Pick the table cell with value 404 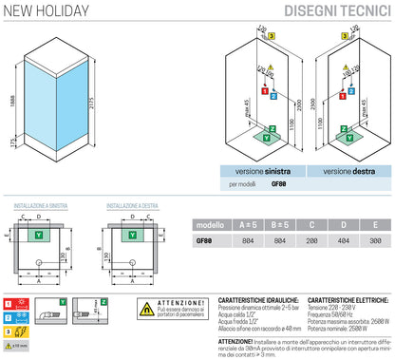(341, 241)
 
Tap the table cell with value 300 (374, 241)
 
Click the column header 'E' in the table (374, 226)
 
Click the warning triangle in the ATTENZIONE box (147, 310)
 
